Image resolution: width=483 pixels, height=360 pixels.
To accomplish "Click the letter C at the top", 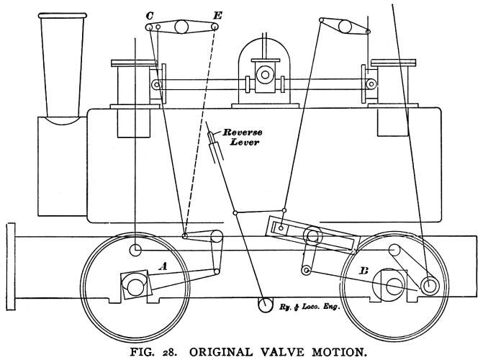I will [x=148, y=14].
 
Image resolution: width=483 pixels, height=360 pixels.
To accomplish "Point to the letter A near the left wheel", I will [x=163, y=266].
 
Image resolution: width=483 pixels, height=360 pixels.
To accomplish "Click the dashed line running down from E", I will [x=201, y=130].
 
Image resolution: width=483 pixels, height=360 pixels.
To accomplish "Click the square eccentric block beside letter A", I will [x=134, y=284].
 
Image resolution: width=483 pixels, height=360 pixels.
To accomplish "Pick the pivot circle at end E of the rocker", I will [x=215, y=28].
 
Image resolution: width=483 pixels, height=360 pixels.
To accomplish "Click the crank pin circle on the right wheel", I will [x=430, y=285].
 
